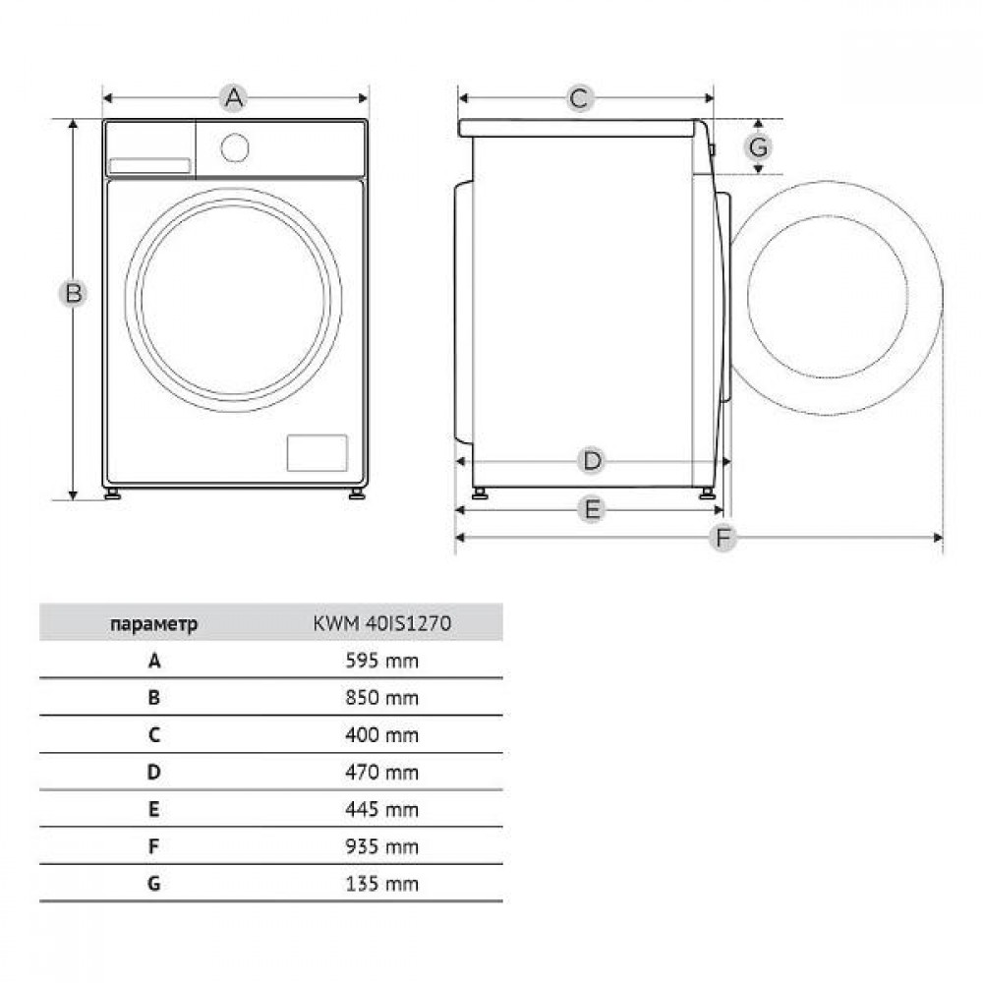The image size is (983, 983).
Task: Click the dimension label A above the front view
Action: tap(234, 97)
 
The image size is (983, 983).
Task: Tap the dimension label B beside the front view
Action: tap(74, 293)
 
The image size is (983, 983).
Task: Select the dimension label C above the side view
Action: tap(579, 98)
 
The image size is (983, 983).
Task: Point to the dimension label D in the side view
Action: tap(592, 461)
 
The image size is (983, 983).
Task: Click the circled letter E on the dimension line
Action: tap(592, 509)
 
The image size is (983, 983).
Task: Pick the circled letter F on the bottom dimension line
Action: tap(723, 538)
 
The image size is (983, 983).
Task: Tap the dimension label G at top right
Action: tap(759, 147)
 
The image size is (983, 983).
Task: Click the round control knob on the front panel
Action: tap(235, 148)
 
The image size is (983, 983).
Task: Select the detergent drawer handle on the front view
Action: tap(149, 166)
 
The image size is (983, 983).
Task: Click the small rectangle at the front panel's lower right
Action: tap(318, 452)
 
